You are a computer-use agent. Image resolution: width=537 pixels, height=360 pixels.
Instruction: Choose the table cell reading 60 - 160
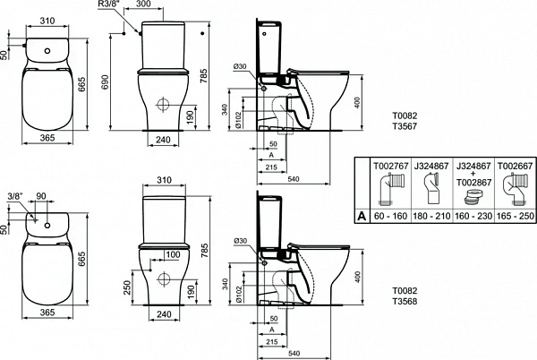point(389,216)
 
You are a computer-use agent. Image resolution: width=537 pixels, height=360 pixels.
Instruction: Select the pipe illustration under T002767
point(389,191)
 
